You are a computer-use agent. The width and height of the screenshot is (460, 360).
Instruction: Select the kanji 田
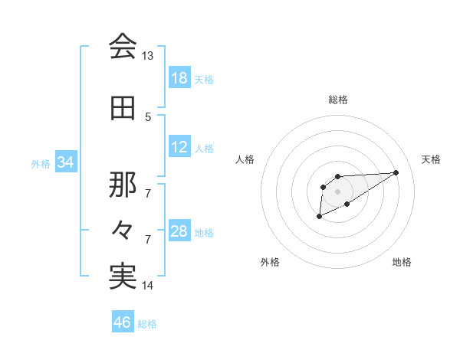tap(123, 109)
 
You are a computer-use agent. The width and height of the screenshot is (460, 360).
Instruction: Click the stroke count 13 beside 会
tap(148, 56)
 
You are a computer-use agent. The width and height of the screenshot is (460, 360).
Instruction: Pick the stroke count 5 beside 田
tap(148, 116)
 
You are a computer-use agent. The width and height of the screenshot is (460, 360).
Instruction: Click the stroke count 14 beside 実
tap(148, 286)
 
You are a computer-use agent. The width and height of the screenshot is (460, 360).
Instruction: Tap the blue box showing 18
tap(179, 77)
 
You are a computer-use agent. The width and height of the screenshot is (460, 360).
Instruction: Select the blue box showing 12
tap(179, 147)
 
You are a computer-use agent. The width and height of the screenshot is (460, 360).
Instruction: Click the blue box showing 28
tap(179, 231)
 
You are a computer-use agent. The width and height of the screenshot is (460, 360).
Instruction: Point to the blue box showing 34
tap(66, 162)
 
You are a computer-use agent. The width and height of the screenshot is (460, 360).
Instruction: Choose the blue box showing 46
tap(123, 322)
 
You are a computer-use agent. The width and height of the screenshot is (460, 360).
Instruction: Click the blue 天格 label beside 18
tap(204, 79)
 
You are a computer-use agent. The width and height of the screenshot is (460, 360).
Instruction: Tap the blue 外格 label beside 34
tap(41, 163)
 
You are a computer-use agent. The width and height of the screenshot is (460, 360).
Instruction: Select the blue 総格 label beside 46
tap(147, 324)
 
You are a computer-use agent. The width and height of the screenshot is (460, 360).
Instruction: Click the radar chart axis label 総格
tap(338, 100)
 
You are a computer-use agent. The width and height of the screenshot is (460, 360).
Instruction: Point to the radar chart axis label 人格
tap(245, 159)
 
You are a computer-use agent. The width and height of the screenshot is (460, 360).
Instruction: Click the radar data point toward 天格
tap(396, 172)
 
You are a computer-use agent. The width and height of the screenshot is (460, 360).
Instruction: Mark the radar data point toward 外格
tap(319, 218)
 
